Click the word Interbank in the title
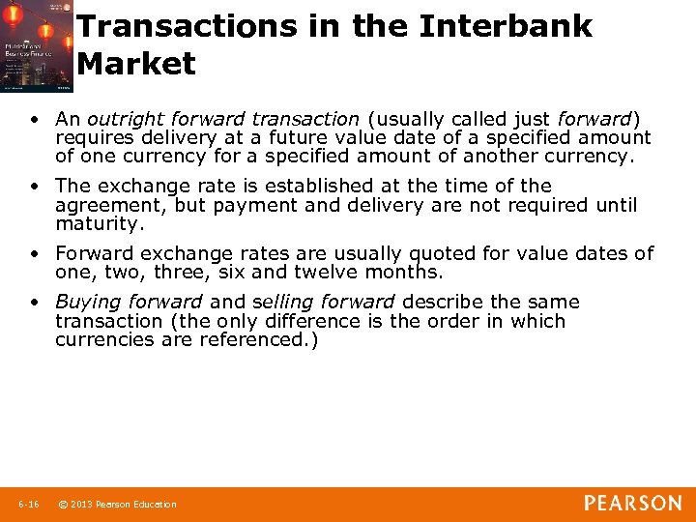pos(506,25)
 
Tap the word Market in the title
pos(136,64)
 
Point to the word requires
pos(94,137)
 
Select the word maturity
pos(99,223)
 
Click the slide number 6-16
pos(28,504)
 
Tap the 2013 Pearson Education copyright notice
pos(117,504)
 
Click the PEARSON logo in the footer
pos(632,503)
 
